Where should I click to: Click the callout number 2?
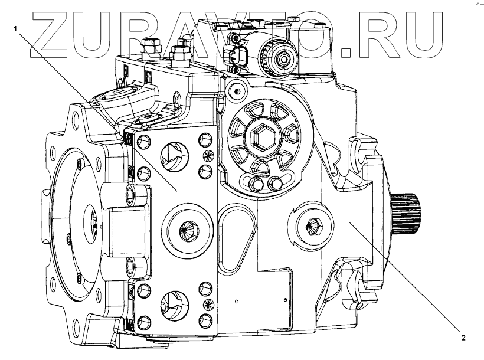pos(463,338)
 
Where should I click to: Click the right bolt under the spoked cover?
pos(274,185)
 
